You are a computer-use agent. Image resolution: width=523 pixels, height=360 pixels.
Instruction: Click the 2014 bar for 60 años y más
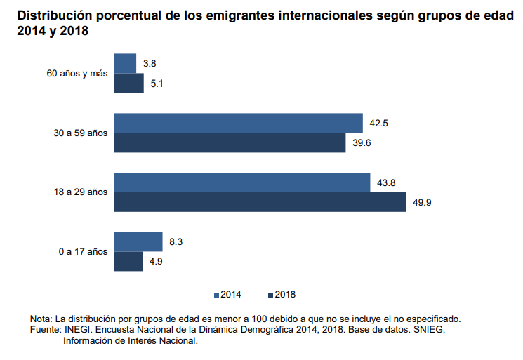pyautogui.click(x=125, y=63)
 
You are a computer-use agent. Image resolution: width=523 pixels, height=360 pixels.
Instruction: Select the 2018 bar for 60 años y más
pyautogui.click(x=128, y=84)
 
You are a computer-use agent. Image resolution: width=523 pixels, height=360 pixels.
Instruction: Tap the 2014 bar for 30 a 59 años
pyautogui.click(x=238, y=123)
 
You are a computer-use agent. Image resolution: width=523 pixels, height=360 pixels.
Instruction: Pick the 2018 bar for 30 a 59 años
pyautogui.click(x=230, y=143)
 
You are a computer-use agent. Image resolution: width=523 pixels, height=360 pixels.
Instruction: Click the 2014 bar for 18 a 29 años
pyautogui.click(x=241, y=182)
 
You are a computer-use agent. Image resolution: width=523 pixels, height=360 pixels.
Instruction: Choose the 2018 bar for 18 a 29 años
pyautogui.click(x=260, y=202)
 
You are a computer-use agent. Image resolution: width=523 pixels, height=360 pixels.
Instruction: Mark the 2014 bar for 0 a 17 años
pyautogui.click(x=138, y=241)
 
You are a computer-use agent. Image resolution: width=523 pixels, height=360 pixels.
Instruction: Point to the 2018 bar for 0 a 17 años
pyautogui.click(x=128, y=261)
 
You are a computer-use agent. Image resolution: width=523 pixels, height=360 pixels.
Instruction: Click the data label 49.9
pyautogui.click(x=423, y=203)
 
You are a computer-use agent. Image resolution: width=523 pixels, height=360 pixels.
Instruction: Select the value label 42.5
pyautogui.click(x=379, y=124)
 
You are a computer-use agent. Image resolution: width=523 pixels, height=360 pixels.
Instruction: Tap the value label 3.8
pyautogui.click(x=149, y=64)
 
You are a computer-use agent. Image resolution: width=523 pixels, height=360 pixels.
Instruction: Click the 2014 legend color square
pyautogui.click(x=217, y=294)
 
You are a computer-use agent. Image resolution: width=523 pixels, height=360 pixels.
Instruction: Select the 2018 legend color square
pyautogui.click(x=270, y=294)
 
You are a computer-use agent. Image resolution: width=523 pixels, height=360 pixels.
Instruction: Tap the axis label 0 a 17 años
pyautogui.click(x=84, y=251)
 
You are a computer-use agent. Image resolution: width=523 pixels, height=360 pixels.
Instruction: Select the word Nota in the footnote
pyautogui.click(x=41, y=319)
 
